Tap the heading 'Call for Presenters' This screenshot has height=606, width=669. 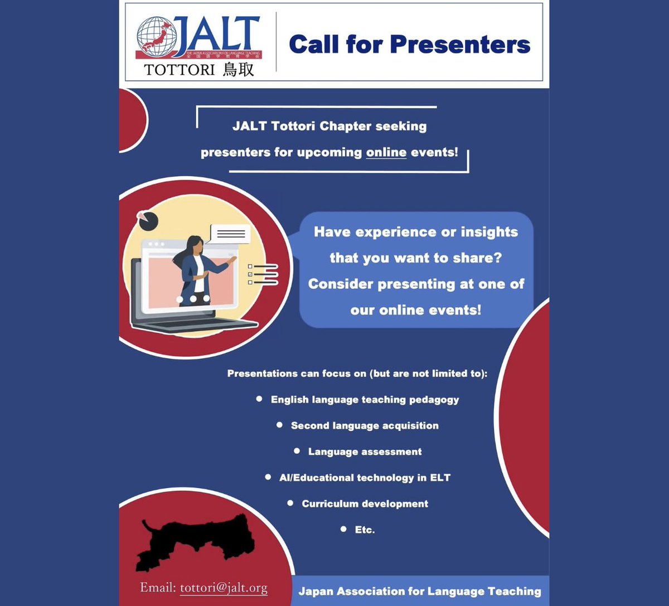pyautogui.click(x=409, y=45)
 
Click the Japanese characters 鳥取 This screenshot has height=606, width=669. pyautogui.click(x=238, y=70)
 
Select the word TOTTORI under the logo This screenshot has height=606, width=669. pyautogui.click(x=180, y=70)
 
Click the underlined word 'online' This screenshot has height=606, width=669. pyautogui.click(x=386, y=152)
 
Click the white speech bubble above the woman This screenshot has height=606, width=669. pyautogui.click(x=230, y=234)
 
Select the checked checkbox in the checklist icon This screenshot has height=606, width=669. pyautogui.click(x=250, y=274)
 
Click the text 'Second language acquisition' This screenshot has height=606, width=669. pyautogui.click(x=365, y=426)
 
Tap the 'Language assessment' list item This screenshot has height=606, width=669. pyautogui.click(x=365, y=452)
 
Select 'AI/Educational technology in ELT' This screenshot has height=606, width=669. pyautogui.click(x=365, y=478)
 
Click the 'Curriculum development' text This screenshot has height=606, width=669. pyautogui.click(x=365, y=504)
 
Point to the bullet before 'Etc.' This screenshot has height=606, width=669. pyautogui.click(x=343, y=529)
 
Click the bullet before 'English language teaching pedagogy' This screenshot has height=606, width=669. pyautogui.click(x=259, y=399)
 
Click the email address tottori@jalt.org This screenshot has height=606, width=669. pyautogui.click(x=224, y=588)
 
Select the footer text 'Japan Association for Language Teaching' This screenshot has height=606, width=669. pyautogui.click(x=419, y=592)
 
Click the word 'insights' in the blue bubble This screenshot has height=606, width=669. pyautogui.click(x=489, y=232)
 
